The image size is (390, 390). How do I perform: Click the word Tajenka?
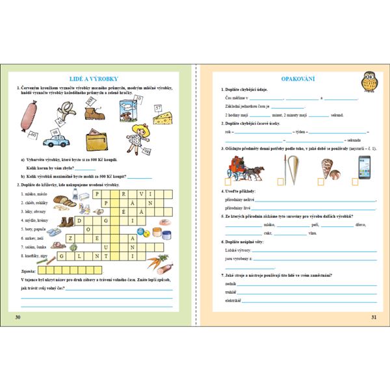[x=29, y=267]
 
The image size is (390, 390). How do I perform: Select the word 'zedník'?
[x=229, y=285]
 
